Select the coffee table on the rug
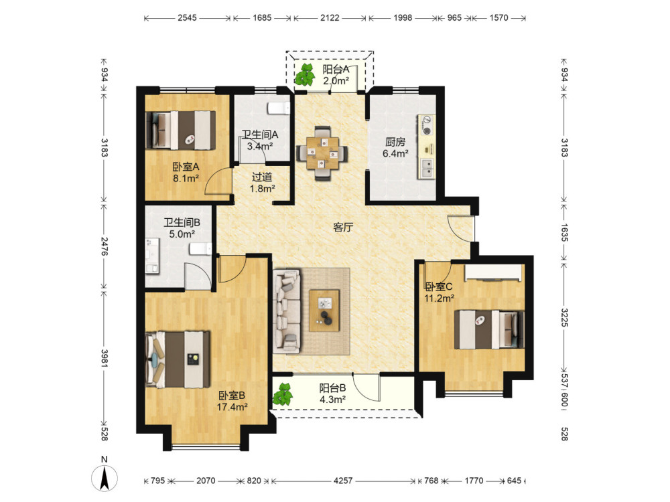tap(324, 311)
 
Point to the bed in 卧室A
tap(180, 131)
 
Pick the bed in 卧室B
tap(178, 359)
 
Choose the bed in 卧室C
tap(489, 329)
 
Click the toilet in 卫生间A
tap(278, 108)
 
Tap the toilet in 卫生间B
tap(200, 249)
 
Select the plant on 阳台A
tap(305, 74)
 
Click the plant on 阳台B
tap(283, 394)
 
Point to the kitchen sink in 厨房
tap(426, 168)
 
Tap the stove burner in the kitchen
tap(426, 125)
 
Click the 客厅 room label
tap(343, 227)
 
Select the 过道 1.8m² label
tap(262, 182)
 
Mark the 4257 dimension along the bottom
tap(343, 481)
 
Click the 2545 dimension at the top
tap(187, 17)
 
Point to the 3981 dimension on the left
tap(105, 358)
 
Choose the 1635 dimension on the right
tap(564, 233)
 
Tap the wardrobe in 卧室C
tap(494, 273)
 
